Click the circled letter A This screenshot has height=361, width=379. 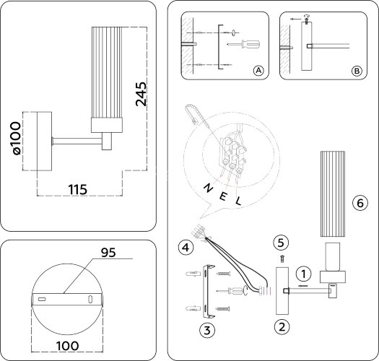click(x=258, y=71)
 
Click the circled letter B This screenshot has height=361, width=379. click(x=357, y=71)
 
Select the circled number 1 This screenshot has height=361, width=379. click(x=305, y=274)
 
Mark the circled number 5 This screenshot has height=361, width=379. click(x=282, y=240)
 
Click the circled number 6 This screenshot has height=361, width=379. click(x=357, y=203)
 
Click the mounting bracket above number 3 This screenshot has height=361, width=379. click(x=209, y=292)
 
